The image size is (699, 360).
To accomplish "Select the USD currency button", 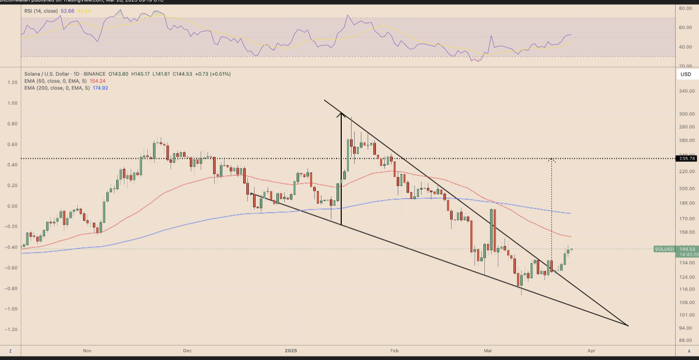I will [x=685, y=74].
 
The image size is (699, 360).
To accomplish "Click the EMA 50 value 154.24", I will [x=98, y=81].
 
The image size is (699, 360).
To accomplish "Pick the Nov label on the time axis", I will [x=87, y=351].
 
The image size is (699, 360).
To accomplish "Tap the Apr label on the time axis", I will [x=591, y=351].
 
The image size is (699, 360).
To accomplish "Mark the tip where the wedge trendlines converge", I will [x=627, y=326].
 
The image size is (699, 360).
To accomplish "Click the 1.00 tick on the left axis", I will [x=11, y=103].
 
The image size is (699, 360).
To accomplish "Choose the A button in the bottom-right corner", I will [x=689, y=351].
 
